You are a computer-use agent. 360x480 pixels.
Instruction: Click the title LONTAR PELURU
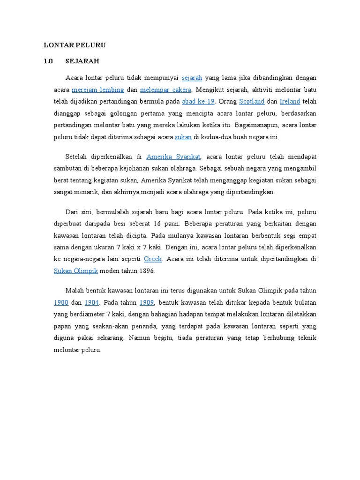pyautogui.click(x=75, y=45)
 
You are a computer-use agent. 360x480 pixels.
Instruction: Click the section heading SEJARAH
pyautogui.click(x=82, y=61)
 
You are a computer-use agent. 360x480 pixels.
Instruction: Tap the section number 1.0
pyautogui.click(x=49, y=61)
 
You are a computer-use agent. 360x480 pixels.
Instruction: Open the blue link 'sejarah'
pyautogui.click(x=192, y=77)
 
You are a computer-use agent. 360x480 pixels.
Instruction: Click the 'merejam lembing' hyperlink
pyautogui.click(x=98, y=90)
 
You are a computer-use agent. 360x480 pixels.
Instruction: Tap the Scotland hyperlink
pyautogui.click(x=252, y=101)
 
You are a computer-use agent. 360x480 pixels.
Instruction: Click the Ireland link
pyautogui.click(x=290, y=101)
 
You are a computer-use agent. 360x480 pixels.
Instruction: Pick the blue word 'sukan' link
pyautogui.click(x=183, y=137)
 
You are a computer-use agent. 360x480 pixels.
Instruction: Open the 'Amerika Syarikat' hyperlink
pyautogui.click(x=173, y=157)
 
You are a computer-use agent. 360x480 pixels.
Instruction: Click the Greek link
pyautogui.click(x=153, y=259)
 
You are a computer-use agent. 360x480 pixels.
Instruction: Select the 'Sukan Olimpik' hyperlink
pyautogui.click(x=72, y=271)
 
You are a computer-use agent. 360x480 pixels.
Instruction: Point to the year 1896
pyautogui.click(x=146, y=271)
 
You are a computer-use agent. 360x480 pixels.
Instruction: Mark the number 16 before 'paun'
pyautogui.click(x=158, y=223)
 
